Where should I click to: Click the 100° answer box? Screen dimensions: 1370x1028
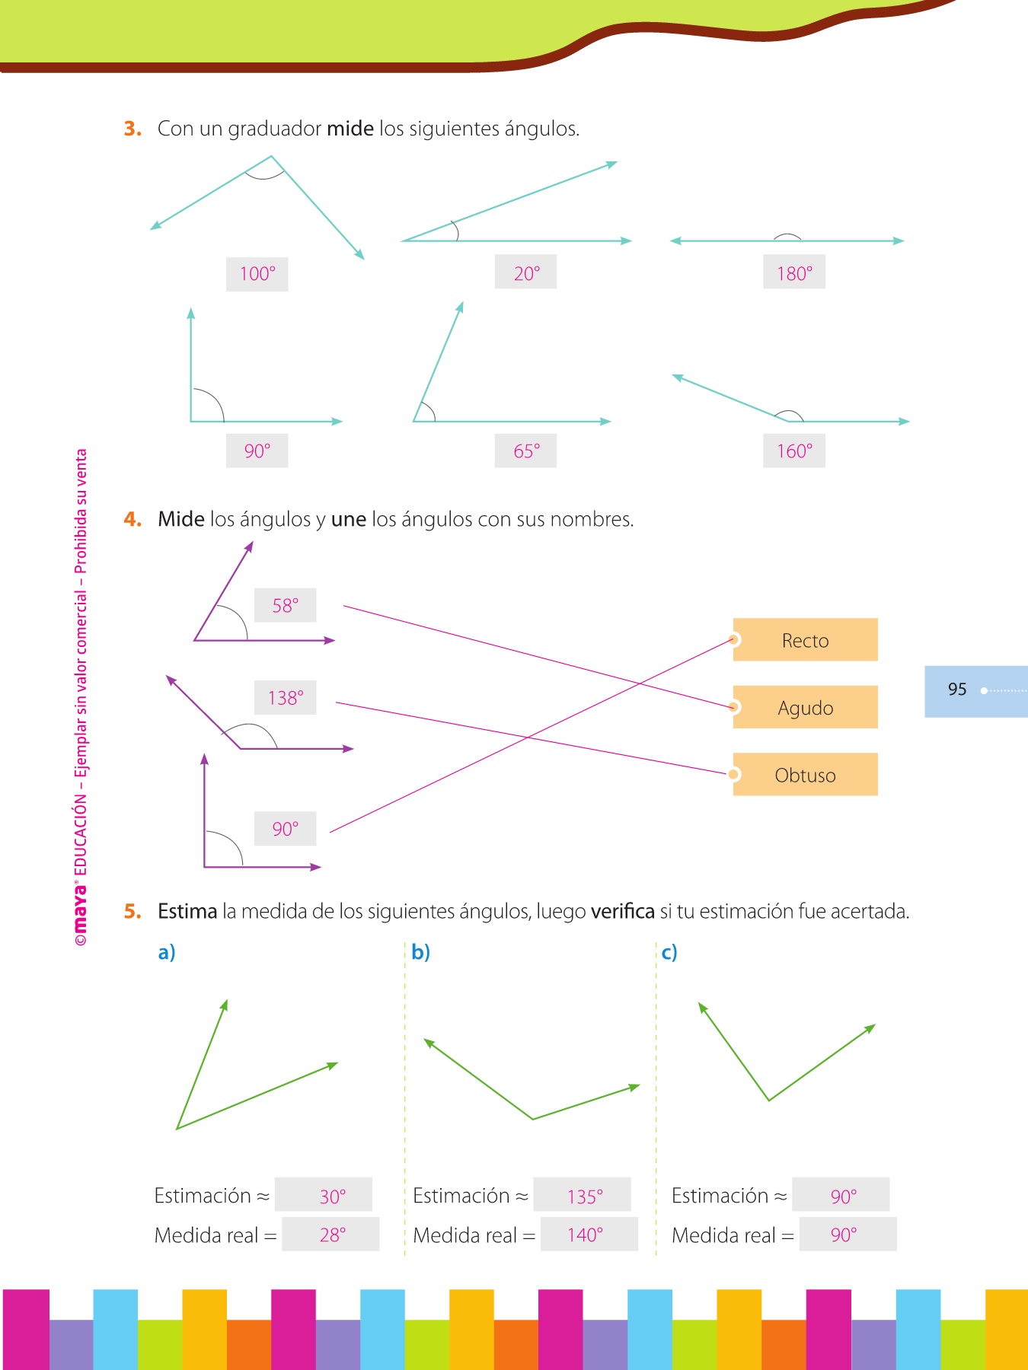257,274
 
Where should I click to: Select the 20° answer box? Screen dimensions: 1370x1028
525,272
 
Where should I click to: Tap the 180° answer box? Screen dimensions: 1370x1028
794,272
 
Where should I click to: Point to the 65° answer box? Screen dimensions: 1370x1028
525,451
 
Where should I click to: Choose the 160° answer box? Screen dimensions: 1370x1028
794,451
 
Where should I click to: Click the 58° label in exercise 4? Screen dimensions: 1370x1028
286,606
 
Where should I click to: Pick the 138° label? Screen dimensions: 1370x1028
286,697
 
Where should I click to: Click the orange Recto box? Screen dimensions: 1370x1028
805,640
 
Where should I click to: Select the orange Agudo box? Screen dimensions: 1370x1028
805,707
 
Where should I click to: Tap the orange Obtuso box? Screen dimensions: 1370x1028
805,775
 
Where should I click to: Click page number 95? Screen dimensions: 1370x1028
957,690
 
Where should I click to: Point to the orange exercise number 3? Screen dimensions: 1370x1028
132,129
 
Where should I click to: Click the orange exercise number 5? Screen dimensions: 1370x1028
132,911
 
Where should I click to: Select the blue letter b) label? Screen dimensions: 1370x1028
420,952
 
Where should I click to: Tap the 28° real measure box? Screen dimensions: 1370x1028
331,1235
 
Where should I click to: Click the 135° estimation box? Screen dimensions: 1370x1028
583,1196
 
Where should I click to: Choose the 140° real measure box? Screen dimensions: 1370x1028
586,1235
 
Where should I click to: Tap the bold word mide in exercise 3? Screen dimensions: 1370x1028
350,129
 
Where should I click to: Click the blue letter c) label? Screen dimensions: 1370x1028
669,952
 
